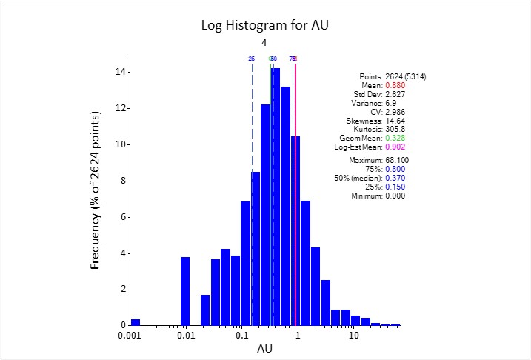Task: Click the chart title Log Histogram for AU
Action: [265, 25]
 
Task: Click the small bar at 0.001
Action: [136, 321]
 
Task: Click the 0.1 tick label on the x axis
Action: [242, 336]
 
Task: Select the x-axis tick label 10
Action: [354, 336]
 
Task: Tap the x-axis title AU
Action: [264, 348]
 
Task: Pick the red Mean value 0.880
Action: [395, 85]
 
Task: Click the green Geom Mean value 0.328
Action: [395, 138]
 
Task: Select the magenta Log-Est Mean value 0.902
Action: [395, 147]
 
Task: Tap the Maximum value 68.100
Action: [398, 160]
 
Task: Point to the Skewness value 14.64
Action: [395, 120]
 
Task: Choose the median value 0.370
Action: [395, 178]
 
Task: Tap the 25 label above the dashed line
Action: [252, 59]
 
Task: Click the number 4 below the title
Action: [264, 43]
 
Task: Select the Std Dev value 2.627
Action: [395, 94]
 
